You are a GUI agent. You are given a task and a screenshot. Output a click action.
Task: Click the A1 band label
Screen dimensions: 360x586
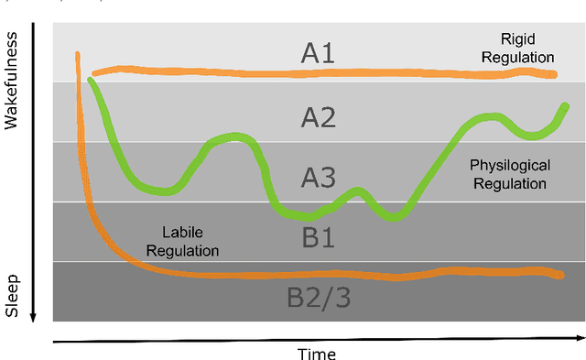coord(318,53)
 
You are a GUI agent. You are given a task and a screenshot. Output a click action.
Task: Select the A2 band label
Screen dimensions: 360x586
coord(318,116)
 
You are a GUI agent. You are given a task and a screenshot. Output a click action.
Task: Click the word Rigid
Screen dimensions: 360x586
coord(517,38)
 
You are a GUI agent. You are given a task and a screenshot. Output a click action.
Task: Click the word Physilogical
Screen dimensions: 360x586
coord(510,166)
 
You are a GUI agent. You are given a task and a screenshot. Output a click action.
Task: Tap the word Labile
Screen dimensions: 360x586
coord(181,233)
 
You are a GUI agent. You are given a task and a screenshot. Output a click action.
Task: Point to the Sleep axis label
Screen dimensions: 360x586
coord(12,294)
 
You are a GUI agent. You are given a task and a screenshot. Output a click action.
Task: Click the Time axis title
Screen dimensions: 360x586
coord(316,354)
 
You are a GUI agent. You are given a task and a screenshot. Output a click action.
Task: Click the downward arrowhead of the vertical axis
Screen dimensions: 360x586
coord(34,316)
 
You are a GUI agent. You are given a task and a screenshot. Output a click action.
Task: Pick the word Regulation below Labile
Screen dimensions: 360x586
coord(190,250)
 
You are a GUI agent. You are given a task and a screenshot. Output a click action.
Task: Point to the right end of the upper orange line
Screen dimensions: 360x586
coord(554,74)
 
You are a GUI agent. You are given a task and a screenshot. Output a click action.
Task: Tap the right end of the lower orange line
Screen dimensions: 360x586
coord(560,274)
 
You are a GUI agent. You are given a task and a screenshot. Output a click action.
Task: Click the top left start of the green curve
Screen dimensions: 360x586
coord(91,82)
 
